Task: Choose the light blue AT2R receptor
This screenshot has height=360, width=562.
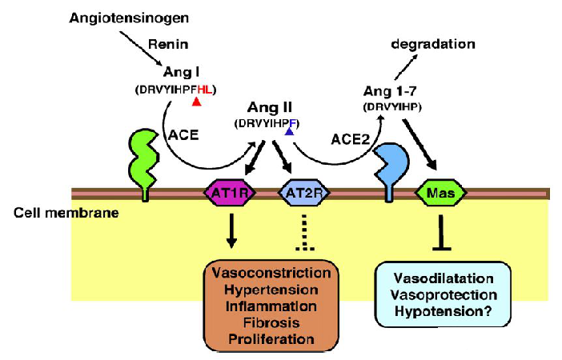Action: coord(300,193)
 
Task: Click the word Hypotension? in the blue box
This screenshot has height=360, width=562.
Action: coord(442,310)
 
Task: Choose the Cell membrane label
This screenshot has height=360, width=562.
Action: coord(41,213)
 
